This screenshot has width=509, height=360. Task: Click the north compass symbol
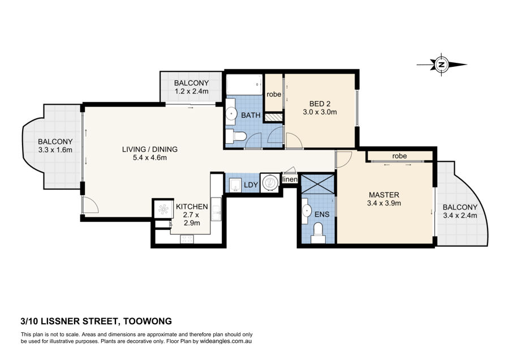[442, 65]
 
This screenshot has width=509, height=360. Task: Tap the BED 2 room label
[320, 104]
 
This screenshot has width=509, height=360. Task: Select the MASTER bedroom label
[384, 195]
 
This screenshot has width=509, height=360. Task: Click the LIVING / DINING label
[150, 149]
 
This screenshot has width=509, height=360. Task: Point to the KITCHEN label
[192, 207]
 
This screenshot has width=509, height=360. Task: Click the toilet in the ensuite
[318, 233]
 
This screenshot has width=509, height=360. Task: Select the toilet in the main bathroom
[236, 136]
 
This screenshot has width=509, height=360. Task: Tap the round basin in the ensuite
[307, 211]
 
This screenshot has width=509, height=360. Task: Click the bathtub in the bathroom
[244, 84]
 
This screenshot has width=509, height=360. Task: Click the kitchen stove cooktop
[187, 239]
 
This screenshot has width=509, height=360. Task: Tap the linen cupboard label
[290, 179]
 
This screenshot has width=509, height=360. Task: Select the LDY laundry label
[251, 185]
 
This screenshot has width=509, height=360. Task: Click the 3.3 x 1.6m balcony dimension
[55, 150]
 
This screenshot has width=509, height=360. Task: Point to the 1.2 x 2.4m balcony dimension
[192, 91]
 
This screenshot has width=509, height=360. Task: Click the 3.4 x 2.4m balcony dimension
[460, 216]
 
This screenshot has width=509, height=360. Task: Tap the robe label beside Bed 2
[274, 95]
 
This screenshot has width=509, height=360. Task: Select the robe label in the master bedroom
[399, 156]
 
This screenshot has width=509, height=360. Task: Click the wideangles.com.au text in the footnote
[226, 341]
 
